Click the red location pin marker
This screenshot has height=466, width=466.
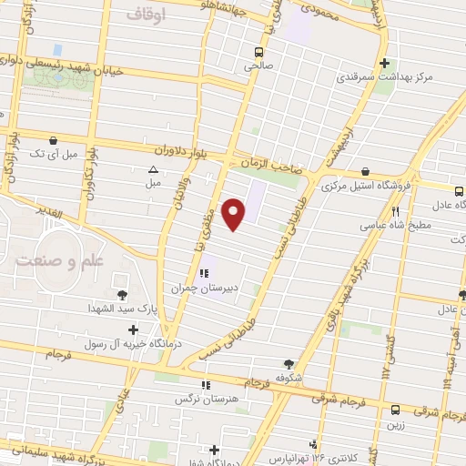(x=236, y=213)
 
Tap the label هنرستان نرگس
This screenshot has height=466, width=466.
(x=209, y=399)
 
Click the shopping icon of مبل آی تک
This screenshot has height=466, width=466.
(x=56, y=141)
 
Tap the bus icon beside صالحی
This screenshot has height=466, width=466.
(x=260, y=52)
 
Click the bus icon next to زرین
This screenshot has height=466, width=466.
(x=395, y=410)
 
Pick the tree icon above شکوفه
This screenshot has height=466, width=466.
(x=290, y=363)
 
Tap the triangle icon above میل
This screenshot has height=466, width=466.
(x=153, y=169)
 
